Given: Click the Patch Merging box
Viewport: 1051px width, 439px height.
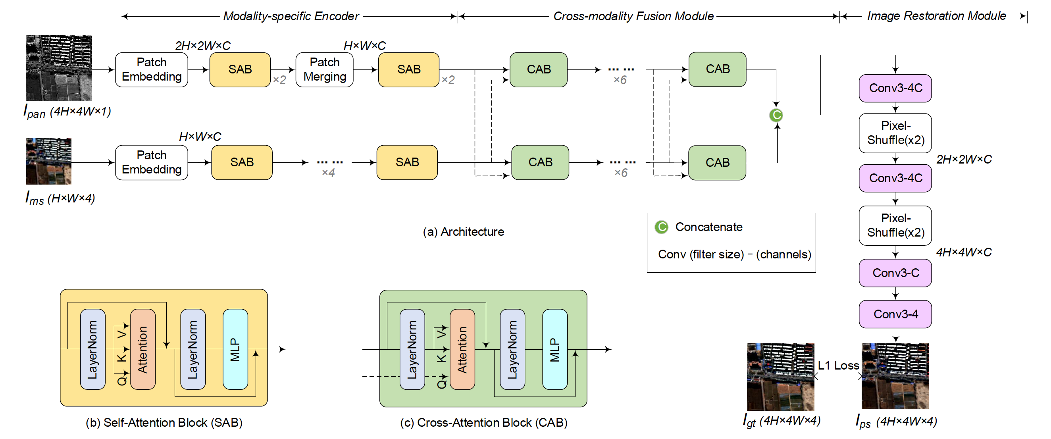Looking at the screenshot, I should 324,69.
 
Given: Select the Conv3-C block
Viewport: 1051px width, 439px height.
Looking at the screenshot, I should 895,273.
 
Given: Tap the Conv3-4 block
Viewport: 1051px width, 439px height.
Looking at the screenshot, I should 895,314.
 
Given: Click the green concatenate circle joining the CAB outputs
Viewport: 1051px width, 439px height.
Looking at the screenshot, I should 776,115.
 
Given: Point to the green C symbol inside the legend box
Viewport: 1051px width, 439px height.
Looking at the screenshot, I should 661,227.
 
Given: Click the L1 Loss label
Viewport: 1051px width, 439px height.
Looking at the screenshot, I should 838,365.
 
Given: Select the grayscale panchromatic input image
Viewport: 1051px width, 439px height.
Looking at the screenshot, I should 59,68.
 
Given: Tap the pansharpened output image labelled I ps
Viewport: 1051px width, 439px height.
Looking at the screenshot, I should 895,376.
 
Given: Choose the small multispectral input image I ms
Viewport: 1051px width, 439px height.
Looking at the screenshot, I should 48,161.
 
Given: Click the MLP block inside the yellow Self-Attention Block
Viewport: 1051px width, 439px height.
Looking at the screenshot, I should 235,349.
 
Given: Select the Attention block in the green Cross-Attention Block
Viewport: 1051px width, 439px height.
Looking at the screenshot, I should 462,349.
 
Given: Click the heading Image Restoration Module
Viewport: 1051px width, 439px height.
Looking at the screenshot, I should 936,16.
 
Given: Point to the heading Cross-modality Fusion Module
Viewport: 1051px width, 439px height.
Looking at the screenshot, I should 633,16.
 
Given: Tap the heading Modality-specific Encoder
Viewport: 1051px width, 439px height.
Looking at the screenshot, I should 291,16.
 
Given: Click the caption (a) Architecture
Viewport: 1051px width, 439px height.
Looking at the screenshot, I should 464,232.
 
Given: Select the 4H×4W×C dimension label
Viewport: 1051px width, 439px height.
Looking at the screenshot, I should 964,252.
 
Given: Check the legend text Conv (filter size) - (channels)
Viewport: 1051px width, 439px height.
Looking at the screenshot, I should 734,254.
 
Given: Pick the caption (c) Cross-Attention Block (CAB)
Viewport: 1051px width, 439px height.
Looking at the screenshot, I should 483,422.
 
